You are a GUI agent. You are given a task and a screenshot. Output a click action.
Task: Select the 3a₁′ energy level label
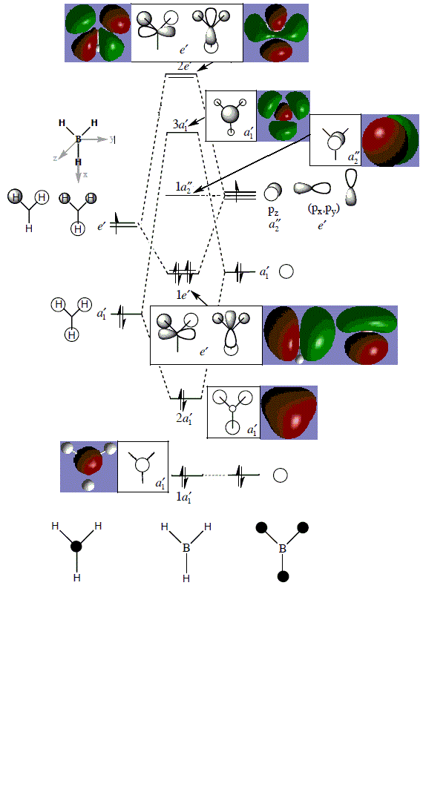click(x=180, y=125)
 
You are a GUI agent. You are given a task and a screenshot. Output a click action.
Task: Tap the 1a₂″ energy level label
click(x=183, y=187)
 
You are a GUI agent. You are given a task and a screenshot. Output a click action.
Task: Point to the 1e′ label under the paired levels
click(x=182, y=294)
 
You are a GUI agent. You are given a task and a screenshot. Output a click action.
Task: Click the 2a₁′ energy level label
click(x=183, y=419)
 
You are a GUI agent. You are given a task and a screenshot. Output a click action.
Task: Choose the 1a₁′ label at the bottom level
click(x=183, y=497)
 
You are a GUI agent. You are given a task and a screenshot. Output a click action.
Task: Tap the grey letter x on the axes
click(x=85, y=174)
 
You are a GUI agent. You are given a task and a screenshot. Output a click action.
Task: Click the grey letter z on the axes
click(x=55, y=158)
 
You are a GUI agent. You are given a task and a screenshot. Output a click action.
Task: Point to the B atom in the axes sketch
click(x=78, y=139)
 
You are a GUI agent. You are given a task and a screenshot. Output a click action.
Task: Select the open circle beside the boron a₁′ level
click(x=286, y=271)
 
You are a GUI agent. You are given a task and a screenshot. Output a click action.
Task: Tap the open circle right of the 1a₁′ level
click(x=281, y=475)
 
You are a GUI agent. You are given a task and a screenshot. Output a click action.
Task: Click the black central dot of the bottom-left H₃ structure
click(x=76, y=546)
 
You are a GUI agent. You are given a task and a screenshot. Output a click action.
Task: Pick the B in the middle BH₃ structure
click(x=187, y=547)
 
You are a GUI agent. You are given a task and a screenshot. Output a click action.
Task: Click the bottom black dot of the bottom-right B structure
click(x=283, y=576)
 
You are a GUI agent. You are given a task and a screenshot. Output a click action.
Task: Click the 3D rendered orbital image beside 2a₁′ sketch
click(x=289, y=412)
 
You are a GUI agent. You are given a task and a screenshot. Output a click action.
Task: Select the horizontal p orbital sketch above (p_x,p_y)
click(x=312, y=188)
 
